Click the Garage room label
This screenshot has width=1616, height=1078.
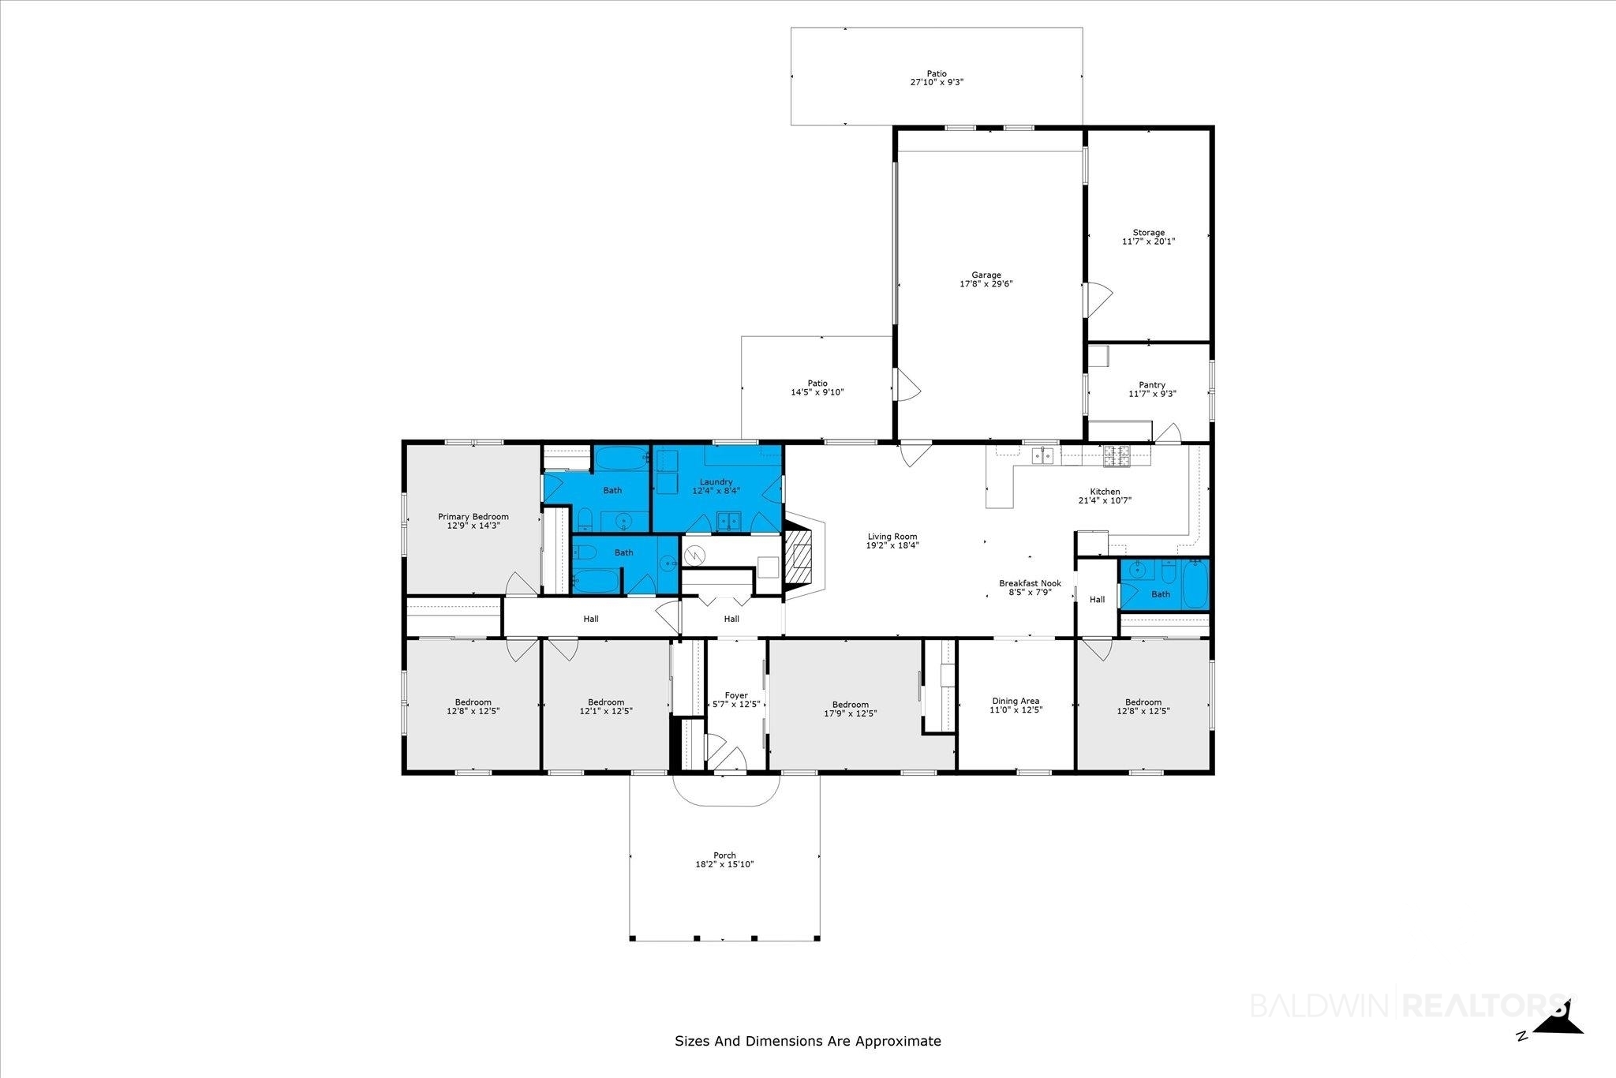(x=986, y=275)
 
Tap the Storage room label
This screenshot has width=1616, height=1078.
(x=1149, y=233)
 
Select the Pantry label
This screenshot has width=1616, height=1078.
(x=1152, y=385)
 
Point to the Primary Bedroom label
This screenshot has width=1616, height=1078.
(x=473, y=517)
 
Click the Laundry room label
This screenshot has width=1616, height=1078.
(x=716, y=482)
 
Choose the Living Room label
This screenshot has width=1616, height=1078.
(x=892, y=537)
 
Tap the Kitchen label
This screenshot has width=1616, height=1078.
(x=1105, y=492)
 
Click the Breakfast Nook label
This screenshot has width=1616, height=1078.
(x=1031, y=583)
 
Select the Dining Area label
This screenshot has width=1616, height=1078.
(x=1016, y=701)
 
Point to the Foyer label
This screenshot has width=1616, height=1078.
(x=736, y=695)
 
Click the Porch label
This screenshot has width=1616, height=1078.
(x=724, y=855)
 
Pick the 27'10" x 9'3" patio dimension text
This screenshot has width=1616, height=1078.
(x=937, y=82)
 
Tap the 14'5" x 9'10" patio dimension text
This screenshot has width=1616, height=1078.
(x=817, y=392)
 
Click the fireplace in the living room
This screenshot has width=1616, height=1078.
(x=803, y=556)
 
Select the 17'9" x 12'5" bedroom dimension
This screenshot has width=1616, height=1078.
(x=850, y=713)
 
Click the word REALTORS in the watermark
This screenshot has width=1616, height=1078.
(x=1484, y=1005)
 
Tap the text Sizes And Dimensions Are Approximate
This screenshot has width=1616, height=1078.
(x=808, y=1041)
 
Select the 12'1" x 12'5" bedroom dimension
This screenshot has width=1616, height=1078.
(x=606, y=711)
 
